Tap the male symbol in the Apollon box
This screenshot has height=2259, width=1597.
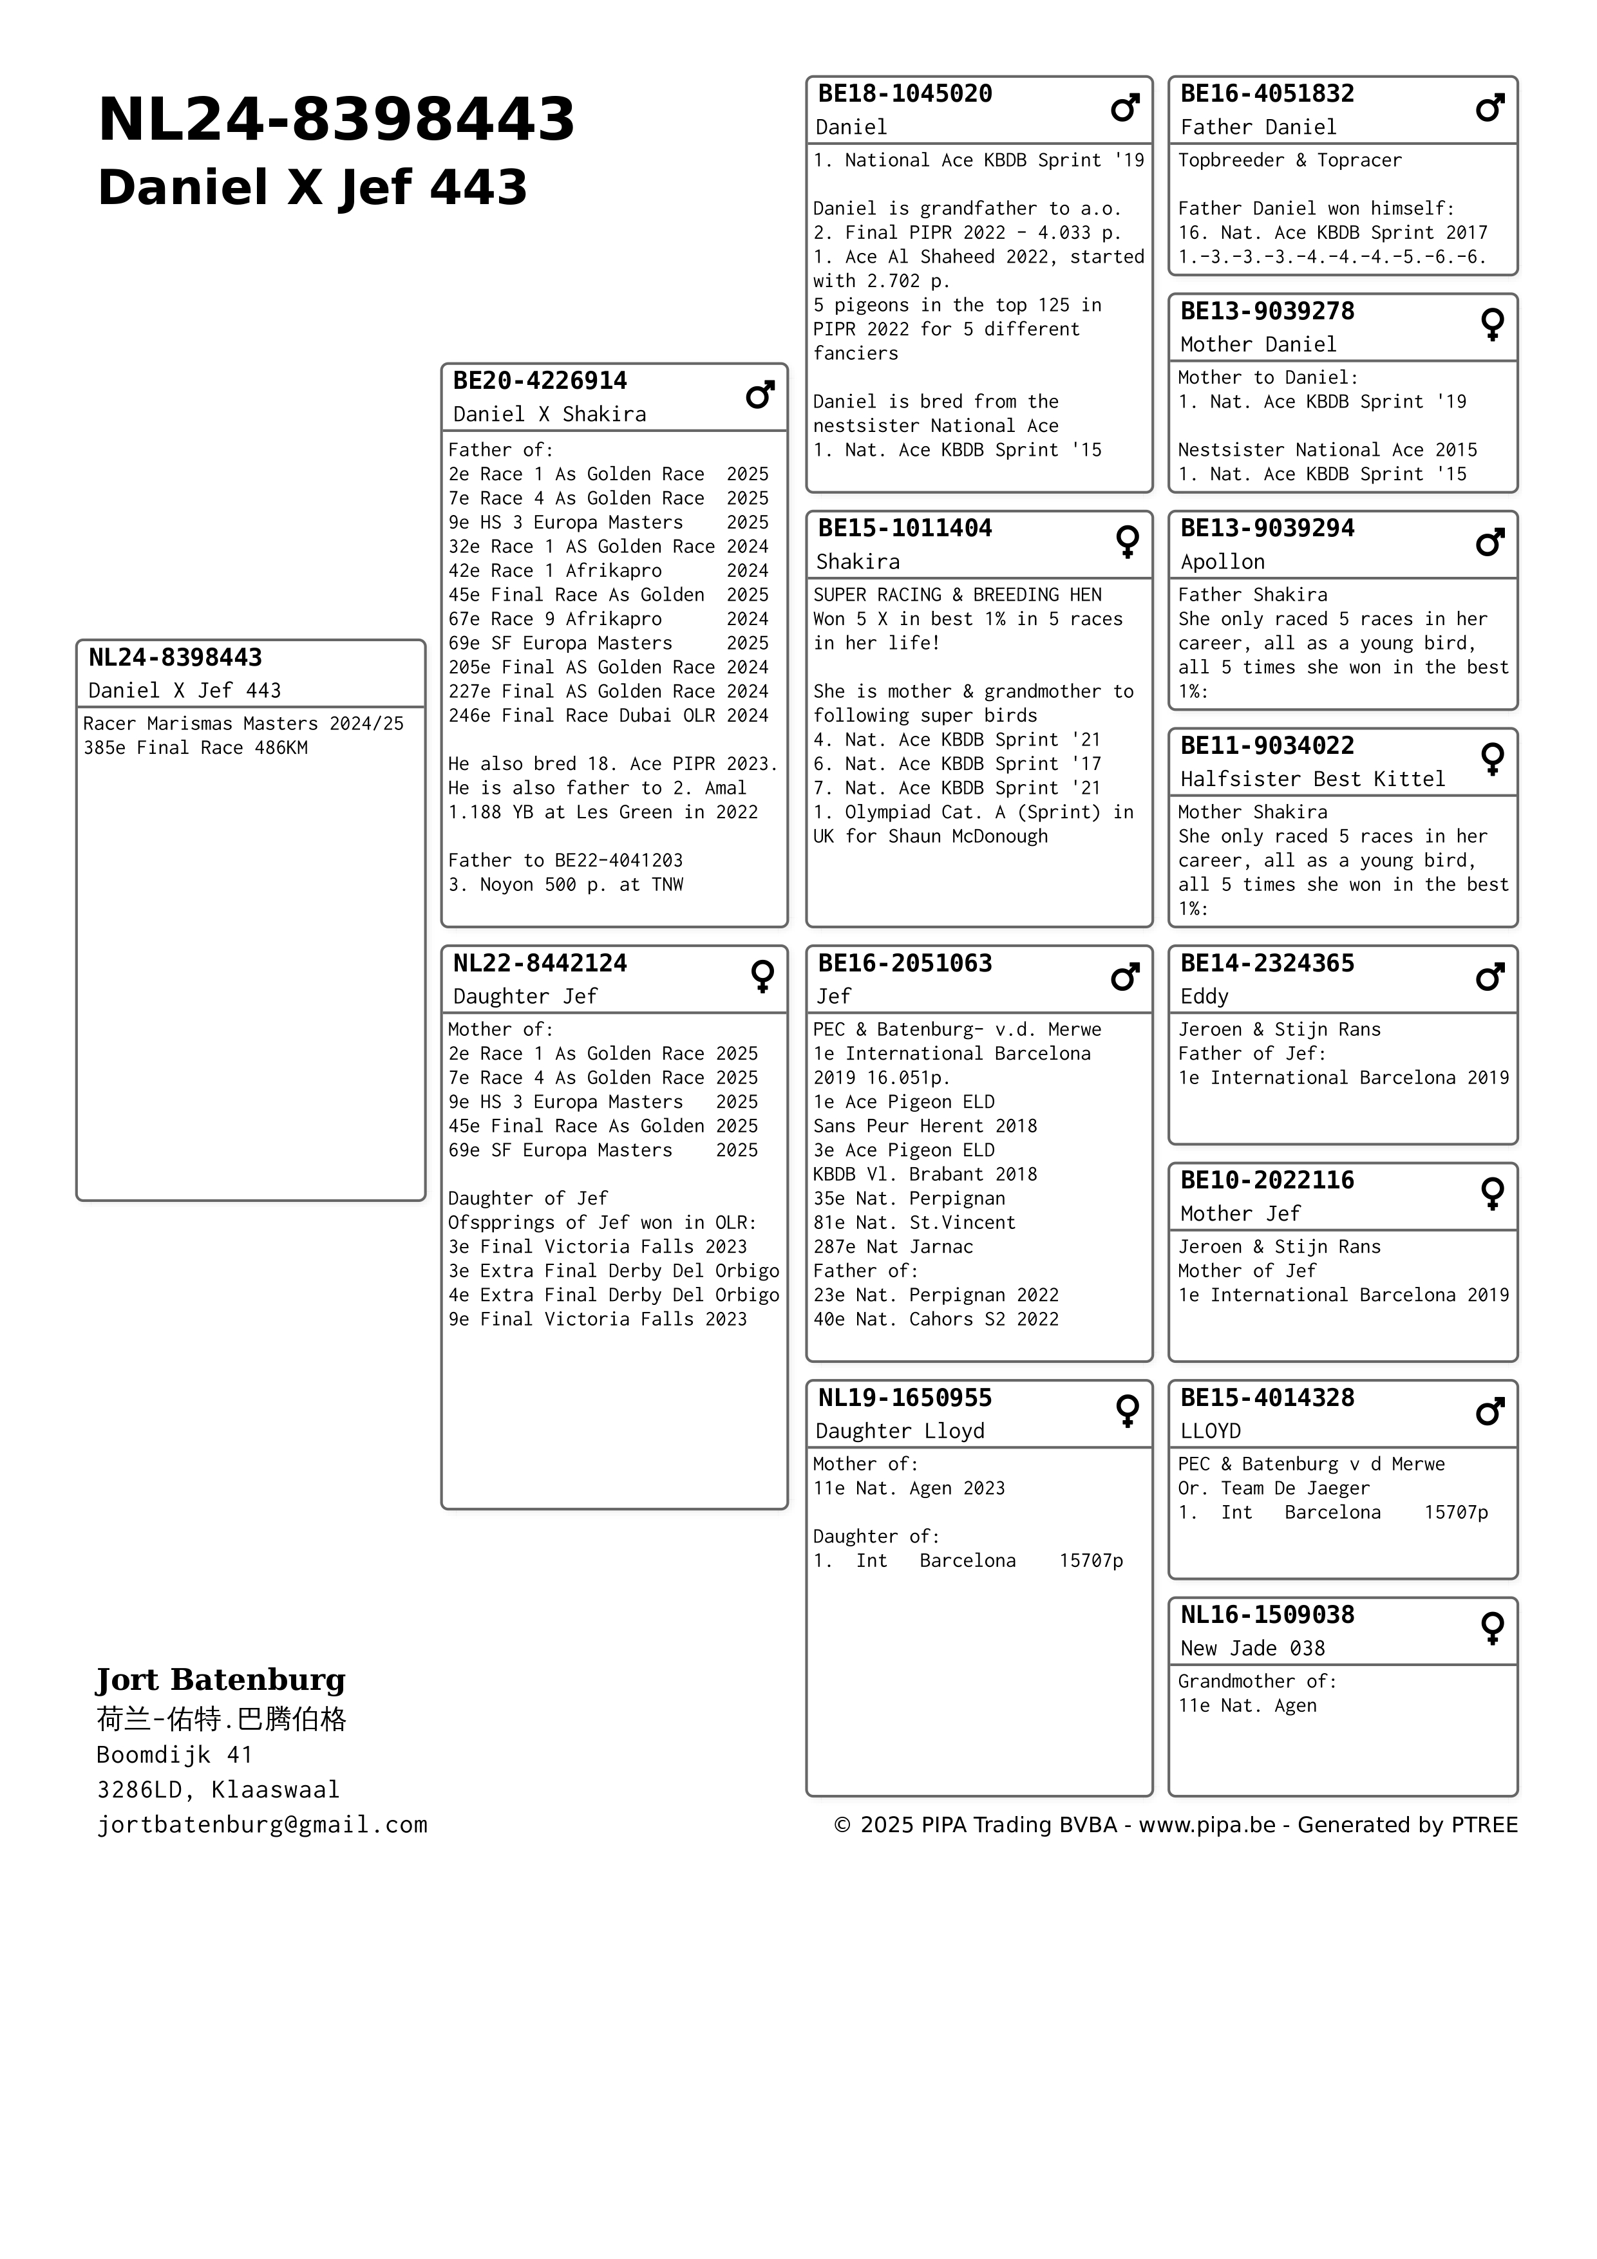click(1489, 542)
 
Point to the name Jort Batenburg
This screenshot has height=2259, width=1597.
click(220, 1680)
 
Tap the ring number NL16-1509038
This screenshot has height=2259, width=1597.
click(1267, 1615)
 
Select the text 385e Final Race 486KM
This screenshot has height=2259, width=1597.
click(195, 748)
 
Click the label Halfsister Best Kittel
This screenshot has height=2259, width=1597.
click(1312, 779)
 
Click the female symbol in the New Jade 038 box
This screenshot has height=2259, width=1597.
click(1492, 1628)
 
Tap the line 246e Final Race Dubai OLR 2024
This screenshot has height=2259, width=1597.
click(608, 715)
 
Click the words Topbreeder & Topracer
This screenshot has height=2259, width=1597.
click(1289, 160)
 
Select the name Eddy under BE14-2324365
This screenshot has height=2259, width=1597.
click(1204, 996)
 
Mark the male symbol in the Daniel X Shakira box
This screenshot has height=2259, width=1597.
click(760, 395)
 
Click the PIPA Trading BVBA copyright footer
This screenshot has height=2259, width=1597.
click(1175, 1825)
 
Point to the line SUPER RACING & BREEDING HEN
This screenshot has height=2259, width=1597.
click(956, 594)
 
